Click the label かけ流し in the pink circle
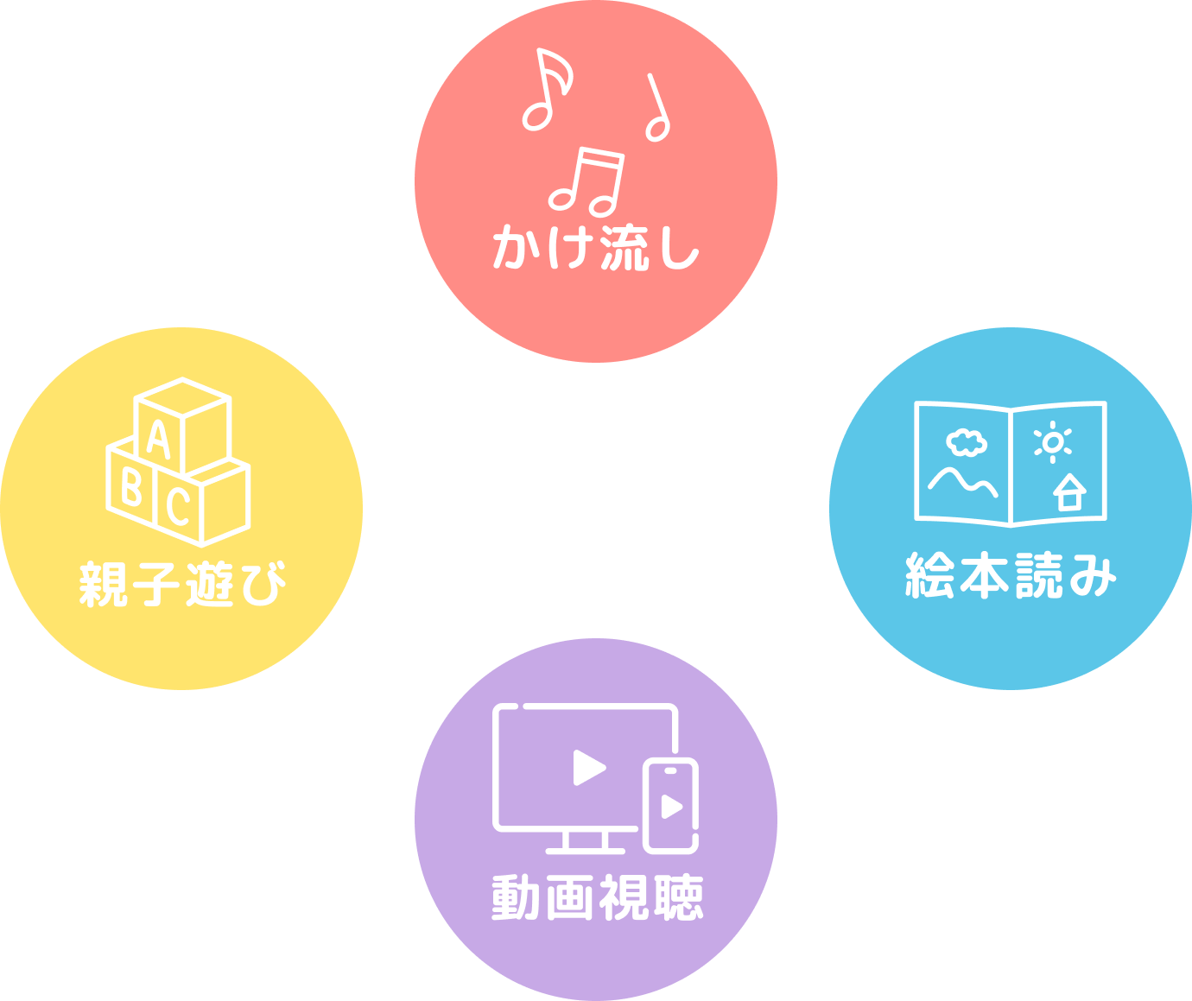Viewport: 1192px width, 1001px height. coord(595,248)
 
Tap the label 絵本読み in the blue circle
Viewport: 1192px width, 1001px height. coord(1011,576)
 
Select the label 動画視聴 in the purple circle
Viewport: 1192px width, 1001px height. coord(597,897)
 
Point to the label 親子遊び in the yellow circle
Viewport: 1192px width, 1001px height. coord(182,584)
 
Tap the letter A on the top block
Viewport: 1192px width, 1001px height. coord(159,439)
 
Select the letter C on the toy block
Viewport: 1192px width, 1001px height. coord(179,506)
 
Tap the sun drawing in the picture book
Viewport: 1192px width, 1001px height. coord(1052,442)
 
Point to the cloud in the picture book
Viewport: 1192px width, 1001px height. coord(967,443)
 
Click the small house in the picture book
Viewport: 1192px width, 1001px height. coord(1069,493)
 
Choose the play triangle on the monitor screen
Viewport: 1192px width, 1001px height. coord(588,767)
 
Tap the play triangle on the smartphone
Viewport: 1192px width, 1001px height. coord(671,806)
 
